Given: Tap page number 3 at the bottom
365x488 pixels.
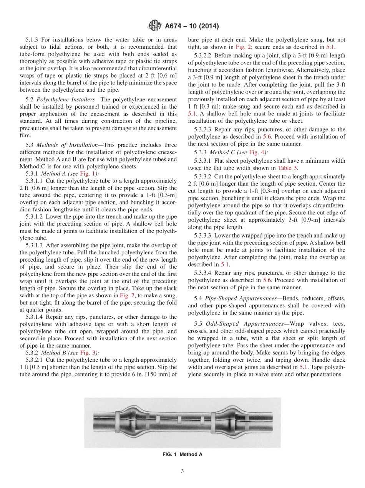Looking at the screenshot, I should coord(182,471).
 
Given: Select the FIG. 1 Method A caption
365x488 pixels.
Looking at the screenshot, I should coord(182,454).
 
